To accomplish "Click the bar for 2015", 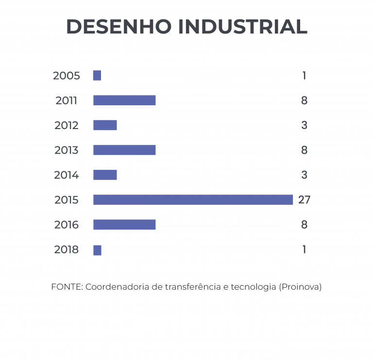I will [x=193, y=200].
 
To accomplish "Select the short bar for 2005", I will [x=97, y=76].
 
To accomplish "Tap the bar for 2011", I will [x=124, y=100].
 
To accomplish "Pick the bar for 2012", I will [x=105, y=125].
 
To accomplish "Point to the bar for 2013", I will [x=124, y=150].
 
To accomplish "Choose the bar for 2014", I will [x=105, y=175].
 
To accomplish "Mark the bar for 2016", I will [x=124, y=225].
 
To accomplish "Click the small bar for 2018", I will [x=97, y=250].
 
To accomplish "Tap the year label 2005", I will [x=66, y=76].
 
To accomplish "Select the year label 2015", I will [x=66, y=200].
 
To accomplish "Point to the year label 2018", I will [x=66, y=250].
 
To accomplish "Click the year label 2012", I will [x=66, y=125].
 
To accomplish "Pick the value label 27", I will [x=304, y=200].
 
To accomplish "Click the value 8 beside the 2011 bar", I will [x=304, y=100].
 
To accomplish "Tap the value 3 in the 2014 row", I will [x=304, y=175].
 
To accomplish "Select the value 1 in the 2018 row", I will [x=304, y=250].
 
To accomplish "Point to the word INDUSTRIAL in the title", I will [x=243, y=27].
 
